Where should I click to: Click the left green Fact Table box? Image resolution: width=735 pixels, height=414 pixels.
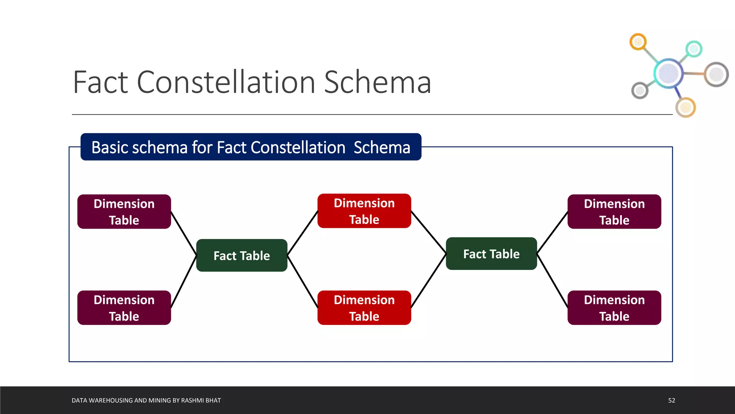tap(242, 255)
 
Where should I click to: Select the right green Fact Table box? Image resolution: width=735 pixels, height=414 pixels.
tap(491, 254)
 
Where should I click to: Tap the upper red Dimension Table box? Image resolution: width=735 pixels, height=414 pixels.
tap(364, 211)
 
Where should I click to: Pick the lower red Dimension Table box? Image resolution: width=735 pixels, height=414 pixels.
tap(364, 308)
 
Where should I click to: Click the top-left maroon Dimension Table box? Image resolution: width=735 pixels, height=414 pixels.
tap(124, 212)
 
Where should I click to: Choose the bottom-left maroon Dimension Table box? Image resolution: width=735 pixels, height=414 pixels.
tap(124, 308)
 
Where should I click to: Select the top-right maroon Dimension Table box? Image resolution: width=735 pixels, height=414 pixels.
tap(614, 212)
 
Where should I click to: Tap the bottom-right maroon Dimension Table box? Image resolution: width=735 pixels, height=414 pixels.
tap(614, 308)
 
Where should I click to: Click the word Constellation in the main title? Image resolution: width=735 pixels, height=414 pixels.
tap(226, 82)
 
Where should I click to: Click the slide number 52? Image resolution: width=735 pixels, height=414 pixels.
tap(671, 400)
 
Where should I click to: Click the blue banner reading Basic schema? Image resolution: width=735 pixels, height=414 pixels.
tap(251, 147)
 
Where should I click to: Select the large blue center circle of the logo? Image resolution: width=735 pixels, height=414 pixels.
tap(668, 73)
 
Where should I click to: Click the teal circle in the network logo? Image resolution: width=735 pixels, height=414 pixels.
tap(694, 49)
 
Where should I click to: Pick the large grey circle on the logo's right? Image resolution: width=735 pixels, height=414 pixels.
tap(716, 74)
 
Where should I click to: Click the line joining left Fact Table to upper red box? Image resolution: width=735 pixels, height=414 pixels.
tap(303, 233)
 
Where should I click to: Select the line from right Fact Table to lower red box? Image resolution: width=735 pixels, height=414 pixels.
tap(429, 281)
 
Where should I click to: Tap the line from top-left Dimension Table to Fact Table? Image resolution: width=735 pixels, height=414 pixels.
tap(184, 234)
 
